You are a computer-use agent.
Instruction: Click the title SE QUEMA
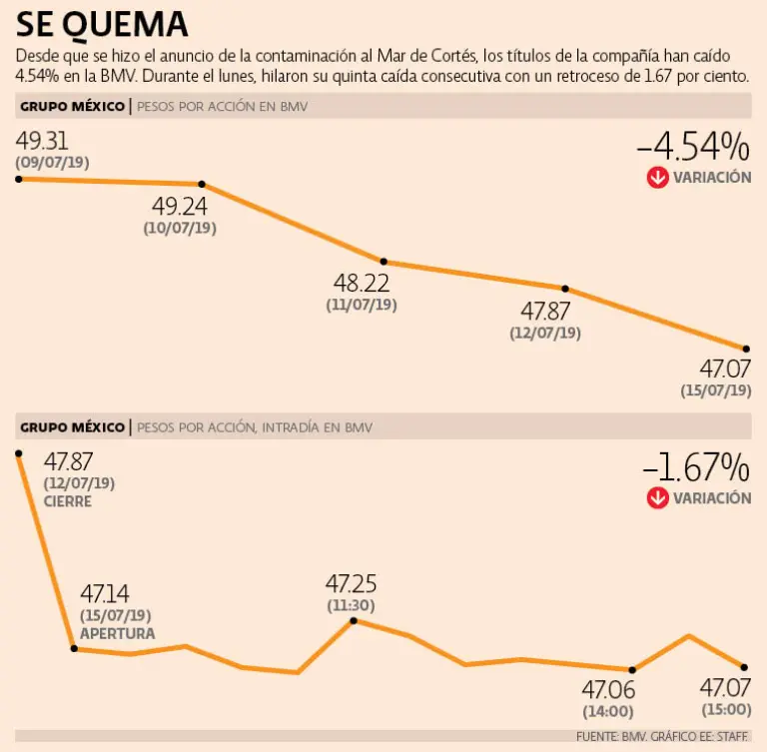click(102, 24)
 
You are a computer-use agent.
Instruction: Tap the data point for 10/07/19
click(203, 184)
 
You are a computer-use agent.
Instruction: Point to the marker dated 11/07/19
click(383, 261)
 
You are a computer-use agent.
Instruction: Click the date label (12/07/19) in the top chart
click(543, 334)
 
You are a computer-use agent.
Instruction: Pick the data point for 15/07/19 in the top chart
click(746, 349)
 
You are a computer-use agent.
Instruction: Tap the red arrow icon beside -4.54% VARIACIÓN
click(657, 178)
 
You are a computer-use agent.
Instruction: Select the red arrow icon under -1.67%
click(657, 497)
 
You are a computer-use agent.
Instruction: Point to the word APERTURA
click(118, 634)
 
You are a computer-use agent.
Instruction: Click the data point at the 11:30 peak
click(353, 620)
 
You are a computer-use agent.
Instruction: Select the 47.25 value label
click(352, 583)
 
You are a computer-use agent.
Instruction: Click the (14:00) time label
click(607, 712)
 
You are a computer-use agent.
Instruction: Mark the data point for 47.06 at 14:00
click(633, 669)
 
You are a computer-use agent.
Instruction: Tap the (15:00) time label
click(724, 710)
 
